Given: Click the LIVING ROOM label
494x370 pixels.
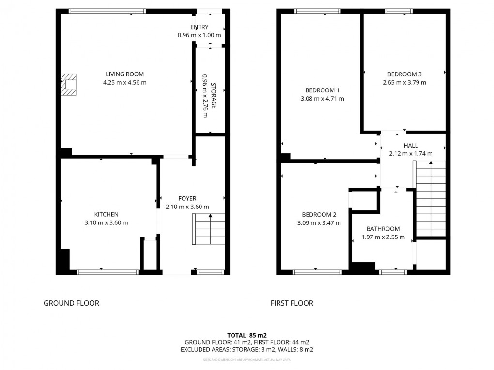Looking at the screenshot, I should pyautogui.click(x=124, y=74).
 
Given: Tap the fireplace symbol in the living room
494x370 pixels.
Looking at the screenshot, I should pyautogui.click(x=69, y=85).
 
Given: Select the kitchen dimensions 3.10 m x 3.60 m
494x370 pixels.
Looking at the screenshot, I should pyautogui.click(x=106, y=222).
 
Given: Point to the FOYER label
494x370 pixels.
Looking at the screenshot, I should pyautogui.click(x=187, y=198).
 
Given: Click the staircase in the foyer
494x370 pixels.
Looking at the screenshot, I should pyautogui.click(x=210, y=229).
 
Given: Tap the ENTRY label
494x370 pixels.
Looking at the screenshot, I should pyautogui.click(x=199, y=27).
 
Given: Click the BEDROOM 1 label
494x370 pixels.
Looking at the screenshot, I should pyautogui.click(x=322, y=90).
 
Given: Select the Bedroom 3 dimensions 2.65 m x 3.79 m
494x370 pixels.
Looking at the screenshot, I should pyautogui.click(x=404, y=82).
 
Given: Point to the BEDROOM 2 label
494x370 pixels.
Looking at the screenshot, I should pyautogui.click(x=319, y=215).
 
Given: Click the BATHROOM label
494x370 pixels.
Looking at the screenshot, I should pyautogui.click(x=383, y=229).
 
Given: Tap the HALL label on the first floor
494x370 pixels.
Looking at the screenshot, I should pyautogui.click(x=410, y=145).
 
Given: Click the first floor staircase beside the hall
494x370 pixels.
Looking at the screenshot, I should pyautogui.click(x=430, y=198).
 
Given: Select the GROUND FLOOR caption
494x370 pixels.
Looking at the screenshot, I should pyautogui.click(x=71, y=303).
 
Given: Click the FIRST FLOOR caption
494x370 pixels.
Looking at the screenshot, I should pyautogui.click(x=292, y=303).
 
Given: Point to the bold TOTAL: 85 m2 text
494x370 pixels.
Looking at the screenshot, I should pyautogui.click(x=247, y=335).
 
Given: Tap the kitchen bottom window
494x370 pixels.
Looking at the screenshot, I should pyautogui.click(x=108, y=272).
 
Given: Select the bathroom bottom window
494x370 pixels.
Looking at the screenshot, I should pyautogui.click(x=392, y=272).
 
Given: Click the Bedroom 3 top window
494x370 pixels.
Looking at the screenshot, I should pyautogui.click(x=399, y=11).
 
